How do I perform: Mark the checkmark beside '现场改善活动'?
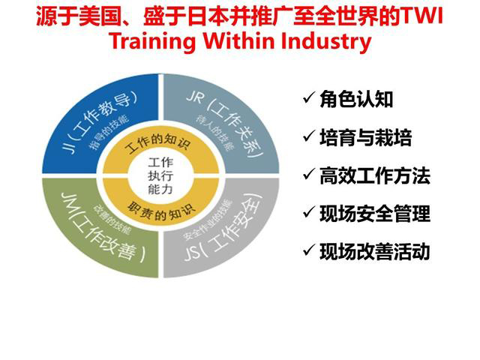307,251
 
